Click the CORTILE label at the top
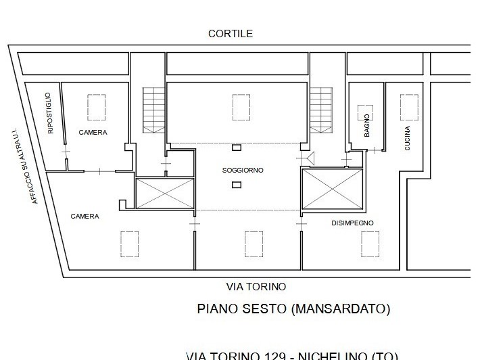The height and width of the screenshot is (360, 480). [x=231, y=33]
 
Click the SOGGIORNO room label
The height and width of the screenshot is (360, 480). [x=243, y=170]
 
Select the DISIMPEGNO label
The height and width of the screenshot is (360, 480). [x=352, y=223]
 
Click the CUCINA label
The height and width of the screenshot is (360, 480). [x=407, y=138]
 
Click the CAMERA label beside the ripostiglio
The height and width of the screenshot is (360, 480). [x=93, y=133]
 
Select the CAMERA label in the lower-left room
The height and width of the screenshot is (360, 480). [x=85, y=217]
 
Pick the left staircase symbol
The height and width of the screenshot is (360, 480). [x=153, y=110]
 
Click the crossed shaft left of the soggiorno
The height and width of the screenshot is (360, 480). [x=164, y=193]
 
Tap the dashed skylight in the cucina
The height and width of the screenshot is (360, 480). [x=408, y=106]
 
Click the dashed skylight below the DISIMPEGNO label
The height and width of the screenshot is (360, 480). [x=369, y=244]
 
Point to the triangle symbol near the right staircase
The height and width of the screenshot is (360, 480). [x=311, y=158]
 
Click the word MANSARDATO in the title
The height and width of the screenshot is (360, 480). [x=341, y=309]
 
